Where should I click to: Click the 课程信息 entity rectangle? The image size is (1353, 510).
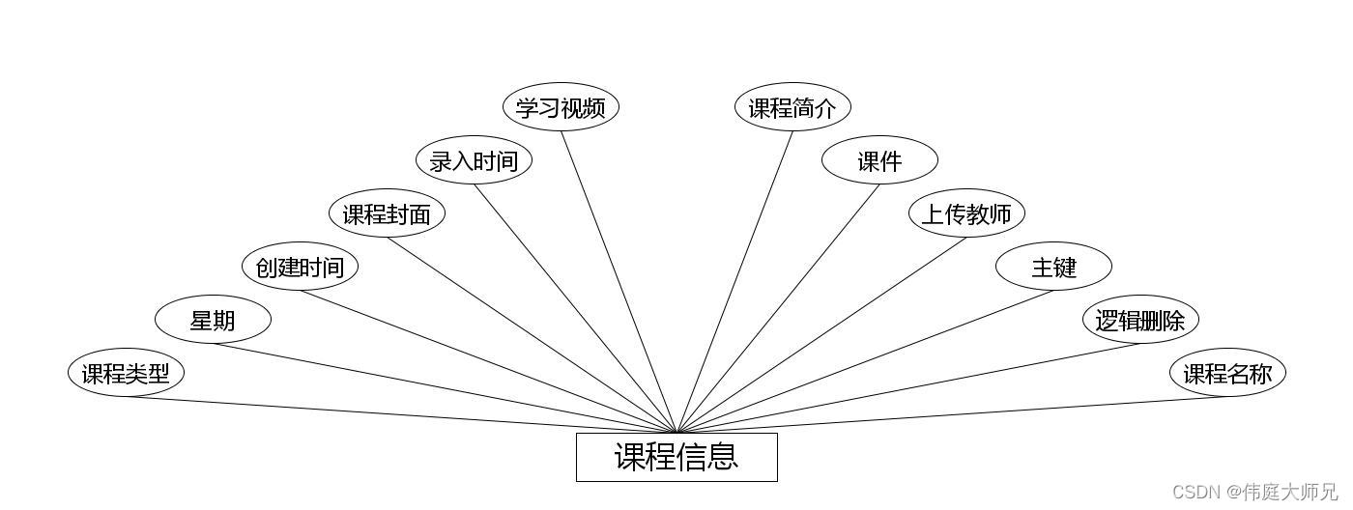point(676,457)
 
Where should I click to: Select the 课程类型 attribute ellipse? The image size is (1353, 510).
point(126,373)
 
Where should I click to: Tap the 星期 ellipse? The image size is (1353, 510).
point(213,320)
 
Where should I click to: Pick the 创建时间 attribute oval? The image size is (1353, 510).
point(300,267)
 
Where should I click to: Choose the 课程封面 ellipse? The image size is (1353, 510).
point(387,213)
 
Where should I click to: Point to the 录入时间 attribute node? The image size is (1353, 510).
point(474,160)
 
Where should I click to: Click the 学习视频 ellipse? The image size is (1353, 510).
point(561,107)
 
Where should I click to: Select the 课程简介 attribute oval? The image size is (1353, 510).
point(792,107)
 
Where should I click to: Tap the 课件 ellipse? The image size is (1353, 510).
point(879,160)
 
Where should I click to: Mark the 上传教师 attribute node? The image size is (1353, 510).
point(966,213)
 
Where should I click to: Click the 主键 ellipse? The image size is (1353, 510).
point(1053,267)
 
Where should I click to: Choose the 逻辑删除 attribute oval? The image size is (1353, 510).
point(1140,320)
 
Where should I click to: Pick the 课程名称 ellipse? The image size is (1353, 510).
point(1227,373)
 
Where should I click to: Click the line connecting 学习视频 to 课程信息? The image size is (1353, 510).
point(619,280)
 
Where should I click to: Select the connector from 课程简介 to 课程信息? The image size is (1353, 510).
point(735,280)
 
